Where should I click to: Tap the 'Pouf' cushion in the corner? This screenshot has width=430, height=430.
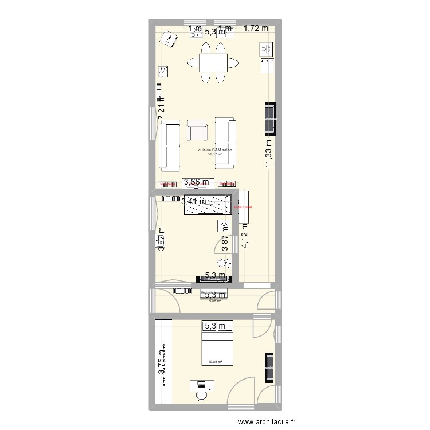click(168, 38)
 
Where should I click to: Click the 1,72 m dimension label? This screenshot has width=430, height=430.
click(256, 28)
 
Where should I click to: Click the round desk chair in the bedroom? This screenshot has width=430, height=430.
click(201, 394)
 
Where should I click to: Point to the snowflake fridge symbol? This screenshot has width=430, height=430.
click(267, 50)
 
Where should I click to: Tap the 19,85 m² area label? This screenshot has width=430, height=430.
click(216, 362)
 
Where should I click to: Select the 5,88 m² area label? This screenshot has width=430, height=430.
click(215, 300)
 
